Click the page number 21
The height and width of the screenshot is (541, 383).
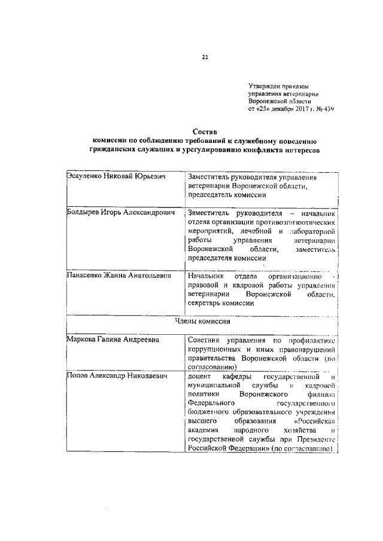tap(205, 57)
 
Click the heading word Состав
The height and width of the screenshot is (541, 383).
tap(205, 130)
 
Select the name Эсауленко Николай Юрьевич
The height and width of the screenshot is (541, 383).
tap(115, 178)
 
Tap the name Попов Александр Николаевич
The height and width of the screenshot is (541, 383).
tap(116, 377)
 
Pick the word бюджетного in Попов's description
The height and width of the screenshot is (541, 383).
tap(210, 412)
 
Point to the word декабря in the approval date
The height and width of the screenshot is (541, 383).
tap(273, 110)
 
